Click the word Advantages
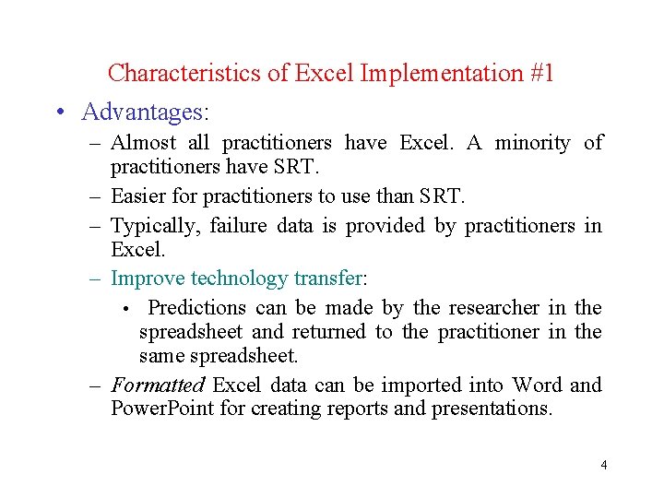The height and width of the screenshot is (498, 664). click(x=146, y=113)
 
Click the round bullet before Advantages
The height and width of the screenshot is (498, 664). click(x=59, y=113)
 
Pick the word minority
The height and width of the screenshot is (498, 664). click(x=532, y=143)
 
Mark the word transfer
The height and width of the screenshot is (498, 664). click(x=329, y=278)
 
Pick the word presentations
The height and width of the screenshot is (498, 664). click(x=493, y=409)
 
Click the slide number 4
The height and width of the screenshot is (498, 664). click(x=603, y=465)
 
